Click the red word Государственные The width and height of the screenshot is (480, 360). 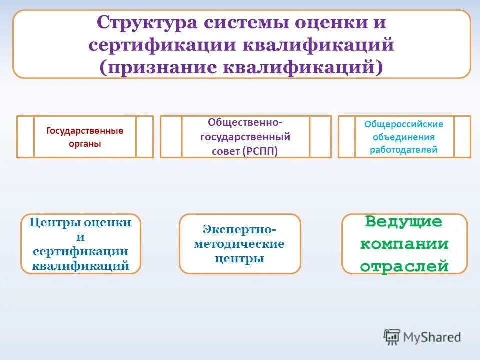coord(85,131)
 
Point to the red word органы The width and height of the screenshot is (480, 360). coord(85,143)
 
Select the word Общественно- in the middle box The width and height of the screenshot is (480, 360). coord(245,122)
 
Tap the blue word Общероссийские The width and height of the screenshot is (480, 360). coord(404,124)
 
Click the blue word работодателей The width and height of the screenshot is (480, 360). coord(404,149)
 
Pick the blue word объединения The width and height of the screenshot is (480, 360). coord(404,137)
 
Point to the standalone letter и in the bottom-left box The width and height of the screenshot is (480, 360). coord(81,237)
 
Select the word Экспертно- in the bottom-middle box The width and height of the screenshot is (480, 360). coord(240,229)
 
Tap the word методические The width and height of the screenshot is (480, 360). coord(240,244)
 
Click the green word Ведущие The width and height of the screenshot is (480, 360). coord(404,222)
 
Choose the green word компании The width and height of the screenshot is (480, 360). coord(404,244)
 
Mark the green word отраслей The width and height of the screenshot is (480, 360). coord(404,266)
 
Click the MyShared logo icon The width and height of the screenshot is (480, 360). coord(392,336)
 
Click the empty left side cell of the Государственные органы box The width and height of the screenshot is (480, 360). coord(25,137)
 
